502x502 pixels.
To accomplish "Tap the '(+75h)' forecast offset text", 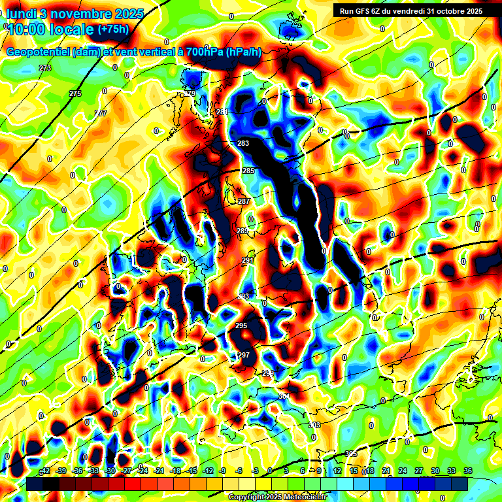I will coord(112,29).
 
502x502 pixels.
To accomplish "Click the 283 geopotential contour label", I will coord(243,143).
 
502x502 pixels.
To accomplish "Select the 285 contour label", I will coord(248,171).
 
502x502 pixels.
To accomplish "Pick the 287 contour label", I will coord(243,201).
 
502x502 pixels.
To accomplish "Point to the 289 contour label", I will coord(242,231).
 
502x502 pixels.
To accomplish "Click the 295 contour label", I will coord(241,326).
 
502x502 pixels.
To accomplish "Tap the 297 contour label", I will coord(244,355).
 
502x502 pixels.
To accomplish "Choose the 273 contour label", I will coord(44,68).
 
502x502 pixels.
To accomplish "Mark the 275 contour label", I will coord(75,94).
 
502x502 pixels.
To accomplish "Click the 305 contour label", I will coord(351,454).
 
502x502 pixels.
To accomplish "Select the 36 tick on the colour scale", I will coord(468,471).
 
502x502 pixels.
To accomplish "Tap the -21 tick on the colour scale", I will coord(159,471).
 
